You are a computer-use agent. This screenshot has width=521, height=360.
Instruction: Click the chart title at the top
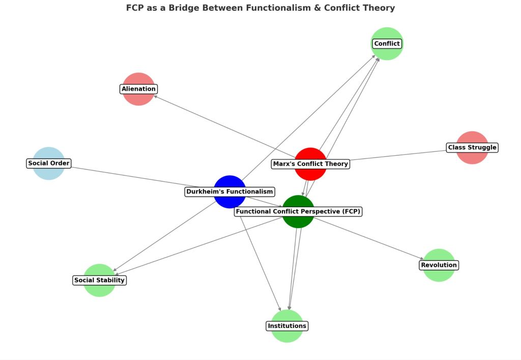[260, 8]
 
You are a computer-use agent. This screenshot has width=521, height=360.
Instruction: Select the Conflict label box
[387, 44]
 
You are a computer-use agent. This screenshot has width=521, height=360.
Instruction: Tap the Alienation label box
[138, 89]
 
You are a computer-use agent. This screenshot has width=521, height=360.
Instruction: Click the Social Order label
[49, 163]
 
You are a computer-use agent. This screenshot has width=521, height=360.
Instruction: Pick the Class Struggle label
[472, 148]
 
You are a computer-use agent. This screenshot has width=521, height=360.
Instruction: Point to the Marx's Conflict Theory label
[310, 164]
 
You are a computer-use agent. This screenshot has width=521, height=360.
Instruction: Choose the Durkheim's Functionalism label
[230, 192]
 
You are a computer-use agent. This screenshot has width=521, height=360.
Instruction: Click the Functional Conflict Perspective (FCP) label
[298, 212]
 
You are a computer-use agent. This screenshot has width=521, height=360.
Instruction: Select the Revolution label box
[439, 265]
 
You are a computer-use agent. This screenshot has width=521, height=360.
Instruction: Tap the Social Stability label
[99, 280]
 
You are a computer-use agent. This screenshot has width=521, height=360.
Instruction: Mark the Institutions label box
[287, 326]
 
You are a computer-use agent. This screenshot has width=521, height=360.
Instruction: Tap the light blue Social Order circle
[48, 153]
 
